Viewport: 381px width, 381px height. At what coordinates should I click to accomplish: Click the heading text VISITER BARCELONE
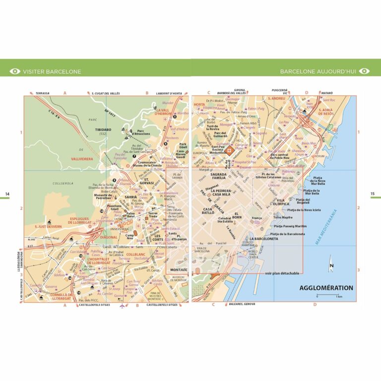tap(52, 71)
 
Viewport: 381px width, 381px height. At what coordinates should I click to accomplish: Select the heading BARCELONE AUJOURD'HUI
tap(317, 71)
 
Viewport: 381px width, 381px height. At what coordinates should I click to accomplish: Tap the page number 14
tap(7, 194)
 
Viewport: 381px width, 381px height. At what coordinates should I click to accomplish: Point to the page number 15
tap(373, 194)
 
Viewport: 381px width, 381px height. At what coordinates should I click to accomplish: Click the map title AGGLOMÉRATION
tap(326, 288)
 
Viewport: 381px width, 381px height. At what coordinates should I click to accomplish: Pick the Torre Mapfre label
tap(283, 217)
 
